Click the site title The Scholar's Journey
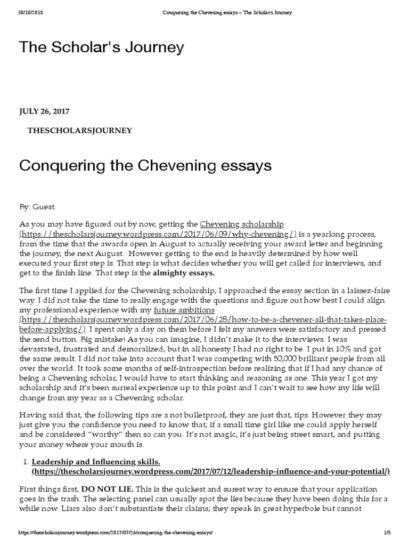click(102, 47)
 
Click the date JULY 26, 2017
click(44, 111)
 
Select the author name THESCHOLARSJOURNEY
click(80, 130)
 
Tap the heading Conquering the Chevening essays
click(145, 166)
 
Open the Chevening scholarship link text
click(242, 224)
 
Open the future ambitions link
click(184, 310)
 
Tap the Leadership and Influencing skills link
click(96, 462)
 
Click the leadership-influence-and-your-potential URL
click(211, 471)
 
